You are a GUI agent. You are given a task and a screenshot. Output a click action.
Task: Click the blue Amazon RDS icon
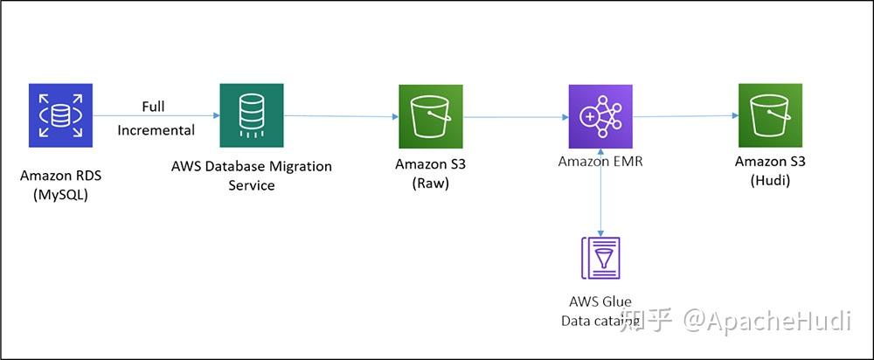click(59, 114)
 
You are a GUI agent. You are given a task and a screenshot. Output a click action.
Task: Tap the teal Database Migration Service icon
click(252, 114)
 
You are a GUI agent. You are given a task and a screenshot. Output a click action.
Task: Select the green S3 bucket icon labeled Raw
click(430, 116)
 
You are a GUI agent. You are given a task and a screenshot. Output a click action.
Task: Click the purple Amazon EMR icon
click(600, 116)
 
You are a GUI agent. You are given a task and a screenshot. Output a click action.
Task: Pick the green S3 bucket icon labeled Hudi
click(770, 114)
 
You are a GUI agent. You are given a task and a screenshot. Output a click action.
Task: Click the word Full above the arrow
click(153, 107)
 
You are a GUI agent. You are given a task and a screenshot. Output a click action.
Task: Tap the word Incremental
click(156, 130)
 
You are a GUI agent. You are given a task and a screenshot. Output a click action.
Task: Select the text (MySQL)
click(60, 194)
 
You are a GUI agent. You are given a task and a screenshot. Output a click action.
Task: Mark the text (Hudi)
click(770, 179)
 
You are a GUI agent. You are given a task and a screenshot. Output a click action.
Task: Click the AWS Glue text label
click(600, 301)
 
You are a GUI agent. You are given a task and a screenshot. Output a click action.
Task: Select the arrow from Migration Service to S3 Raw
click(341, 116)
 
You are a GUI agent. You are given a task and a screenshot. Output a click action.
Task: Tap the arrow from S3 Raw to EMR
click(516, 117)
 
